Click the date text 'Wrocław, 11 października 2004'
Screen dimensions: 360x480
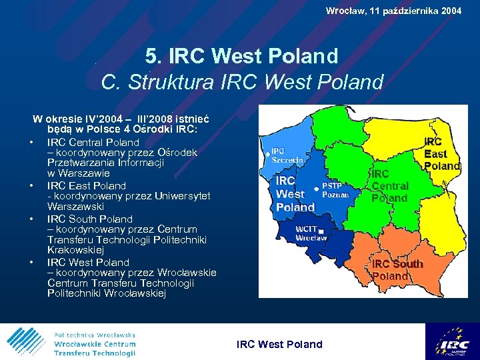coord(393,11)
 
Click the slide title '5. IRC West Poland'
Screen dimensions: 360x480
coord(241,56)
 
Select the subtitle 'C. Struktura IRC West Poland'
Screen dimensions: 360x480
coord(242,82)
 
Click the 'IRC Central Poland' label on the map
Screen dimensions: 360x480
coord(389,186)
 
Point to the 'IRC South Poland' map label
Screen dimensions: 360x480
coord(397,270)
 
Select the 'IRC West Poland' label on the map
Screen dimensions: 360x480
coord(294,193)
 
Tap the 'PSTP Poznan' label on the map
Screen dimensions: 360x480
coord(335,190)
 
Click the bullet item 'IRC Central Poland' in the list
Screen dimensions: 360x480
coord(93,142)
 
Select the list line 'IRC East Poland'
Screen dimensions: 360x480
coord(86,185)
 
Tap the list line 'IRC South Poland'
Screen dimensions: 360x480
coord(89,219)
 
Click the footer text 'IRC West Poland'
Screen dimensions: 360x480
coord(279,344)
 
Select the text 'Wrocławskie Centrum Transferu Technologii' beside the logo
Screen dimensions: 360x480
coord(95,348)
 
